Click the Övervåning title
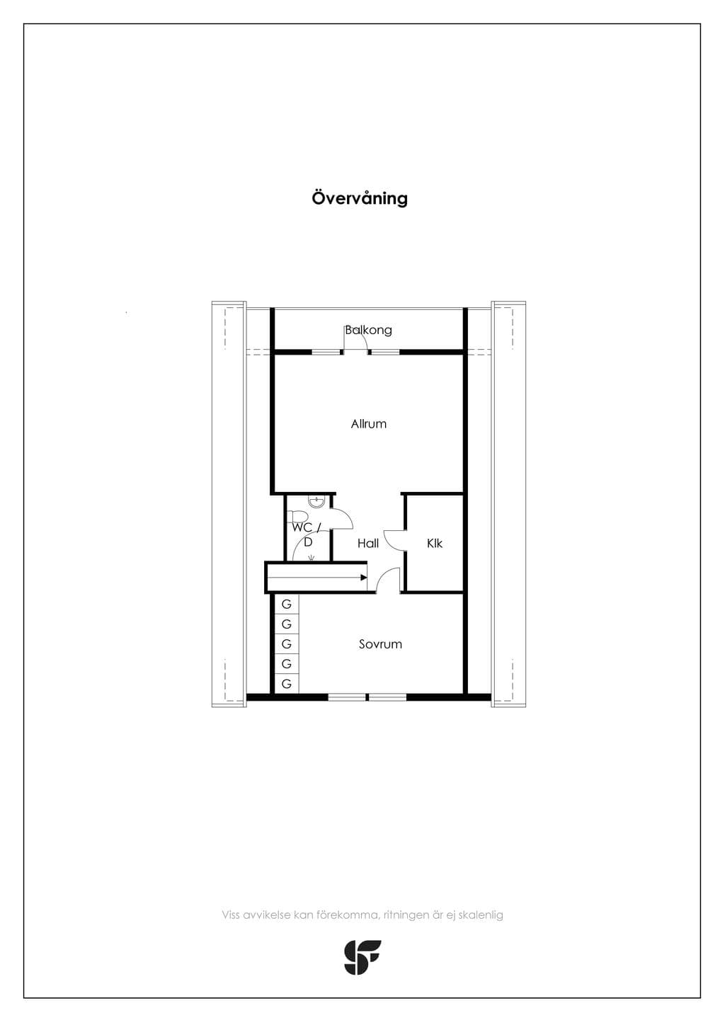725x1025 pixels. [x=360, y=199]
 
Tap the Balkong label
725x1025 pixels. [x=368, y=330]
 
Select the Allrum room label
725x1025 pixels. [x=368, y=424]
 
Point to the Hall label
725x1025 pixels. [x=368, y=543]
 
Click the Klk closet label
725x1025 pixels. [x=434, y=543]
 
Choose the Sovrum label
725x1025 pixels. [x=380, y=644]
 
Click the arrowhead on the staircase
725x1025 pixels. [x=364, y=578]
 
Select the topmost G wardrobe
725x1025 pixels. [x=287, y=604]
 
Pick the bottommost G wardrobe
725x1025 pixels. [x=287, y=684]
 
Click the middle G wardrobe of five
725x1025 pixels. [x=287, y=644]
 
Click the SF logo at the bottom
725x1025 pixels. [x=362, y=957]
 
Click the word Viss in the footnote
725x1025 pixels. [x=231, y=915]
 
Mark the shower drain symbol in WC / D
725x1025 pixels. [x=312, y=557]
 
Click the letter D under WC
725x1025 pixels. [x=308, y=542]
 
